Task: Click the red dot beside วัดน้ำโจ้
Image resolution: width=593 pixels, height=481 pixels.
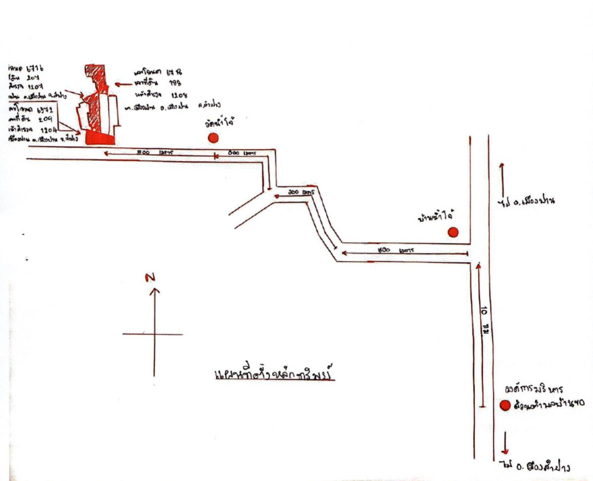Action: [213, 138]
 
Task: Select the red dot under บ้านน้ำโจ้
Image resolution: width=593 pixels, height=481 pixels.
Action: [453, 232]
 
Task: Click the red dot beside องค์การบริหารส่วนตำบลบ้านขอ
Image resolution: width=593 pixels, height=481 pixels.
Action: [505, 406]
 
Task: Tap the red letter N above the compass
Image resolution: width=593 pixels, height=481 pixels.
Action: [150, 277]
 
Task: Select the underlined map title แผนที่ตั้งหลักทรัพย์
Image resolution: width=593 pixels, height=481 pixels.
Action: [273, 376]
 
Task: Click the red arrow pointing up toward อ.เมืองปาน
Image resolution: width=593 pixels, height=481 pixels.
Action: [502, 172]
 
